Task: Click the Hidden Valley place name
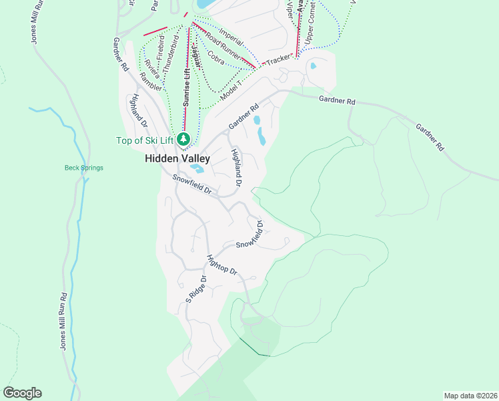click(x=177, y=159)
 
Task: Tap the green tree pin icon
click(x=185, y=139)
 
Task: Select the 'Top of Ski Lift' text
click(x=145, y=140)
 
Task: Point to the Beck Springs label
click(x=83, y=168)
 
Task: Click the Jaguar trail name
click(x=194, y=51)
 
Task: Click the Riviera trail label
click(x=151, y=66)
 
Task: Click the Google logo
click(x=22, y=393)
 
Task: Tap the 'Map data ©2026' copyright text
click(x=470, y=395)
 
